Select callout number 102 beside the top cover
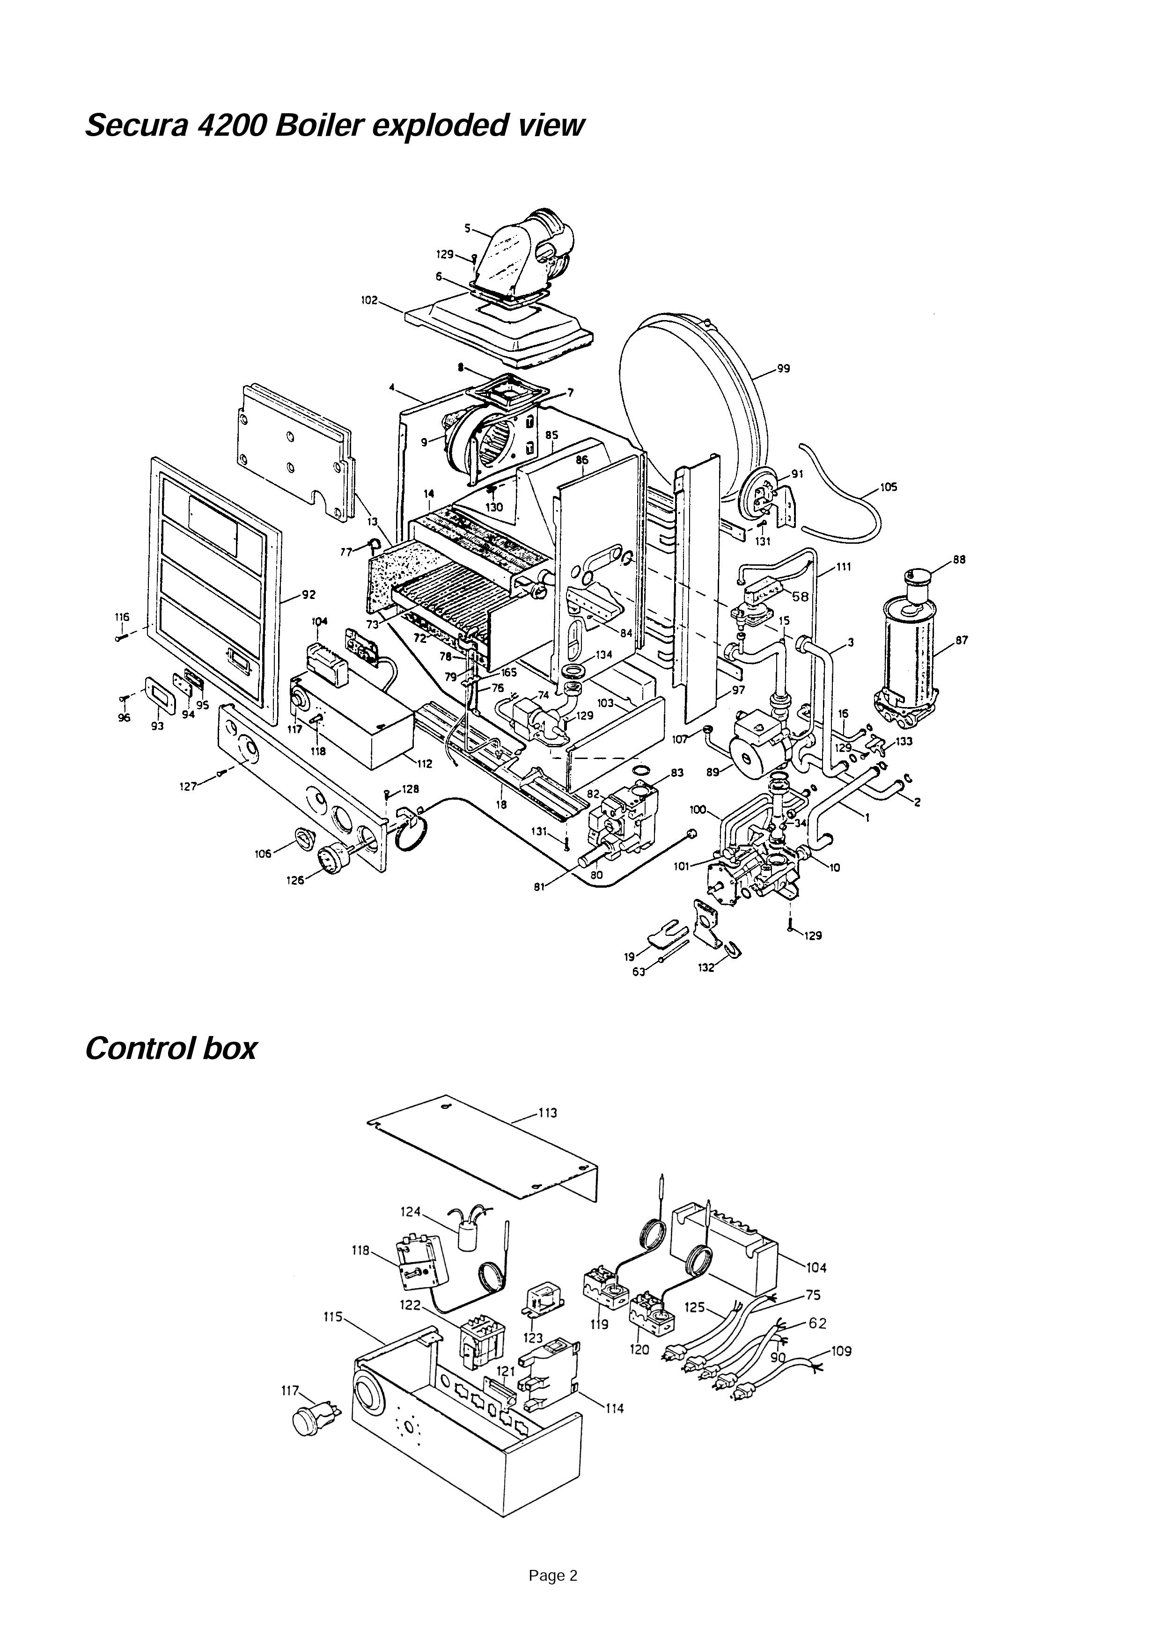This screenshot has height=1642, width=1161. [x=369, y=301]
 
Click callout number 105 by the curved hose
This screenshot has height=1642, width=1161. [x=889, y=488]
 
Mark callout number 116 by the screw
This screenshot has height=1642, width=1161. [x=122, y=616]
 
